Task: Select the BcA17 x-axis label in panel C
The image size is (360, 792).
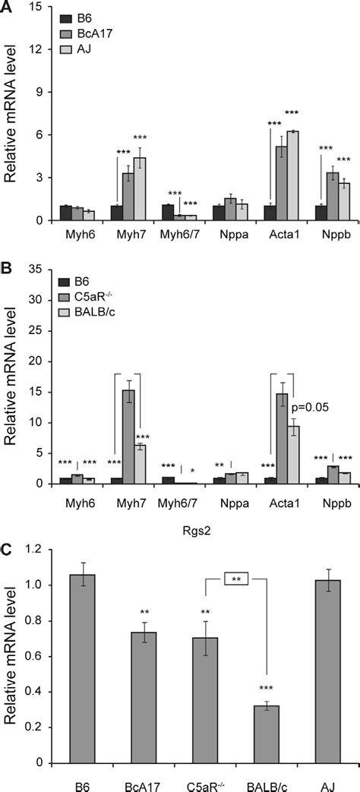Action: tap(133, 783)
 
